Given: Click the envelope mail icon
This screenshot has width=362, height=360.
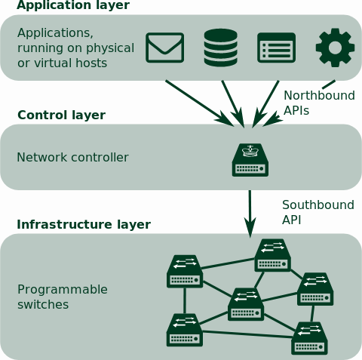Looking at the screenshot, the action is click(x=165, y=48).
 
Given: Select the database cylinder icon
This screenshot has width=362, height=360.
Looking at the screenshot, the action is click(x=221, y=48).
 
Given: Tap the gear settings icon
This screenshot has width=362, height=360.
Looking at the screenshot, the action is click(x=335, y=48).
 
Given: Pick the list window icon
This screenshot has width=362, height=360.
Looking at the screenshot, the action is click(x=276, y=48).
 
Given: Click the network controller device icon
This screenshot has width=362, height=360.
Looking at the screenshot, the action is click(x=250, y=160).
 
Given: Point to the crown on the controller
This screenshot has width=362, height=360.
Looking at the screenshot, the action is click(x=250, y=151).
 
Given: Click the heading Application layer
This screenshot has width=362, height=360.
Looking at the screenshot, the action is click(x=73, y=5).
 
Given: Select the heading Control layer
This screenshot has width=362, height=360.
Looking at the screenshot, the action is click(x=61, y=115).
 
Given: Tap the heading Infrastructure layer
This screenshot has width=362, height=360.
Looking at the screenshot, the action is click(x=84, y=225).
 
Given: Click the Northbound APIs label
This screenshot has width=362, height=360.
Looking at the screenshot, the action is click(x=319, y=103).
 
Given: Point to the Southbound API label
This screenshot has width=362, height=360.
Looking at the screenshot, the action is click(x=318, y=212).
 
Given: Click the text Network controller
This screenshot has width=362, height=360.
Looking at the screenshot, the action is click(x=72, y=158).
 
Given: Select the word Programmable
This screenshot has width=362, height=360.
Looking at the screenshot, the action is click(x=63, y=290).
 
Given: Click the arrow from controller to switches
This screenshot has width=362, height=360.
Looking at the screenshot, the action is click(x=250, y=214).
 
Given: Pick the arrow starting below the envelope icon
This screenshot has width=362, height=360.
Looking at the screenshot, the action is click(x=200, y=103).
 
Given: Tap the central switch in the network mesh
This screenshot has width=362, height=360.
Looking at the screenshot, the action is click(x=246, y=304).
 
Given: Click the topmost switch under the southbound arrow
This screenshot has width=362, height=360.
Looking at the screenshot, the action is click(x=273, y=255).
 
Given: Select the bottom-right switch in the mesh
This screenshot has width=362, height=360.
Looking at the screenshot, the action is click(x=309, y=338).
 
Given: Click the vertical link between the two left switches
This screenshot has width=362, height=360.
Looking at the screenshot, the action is click(x=185, y=300).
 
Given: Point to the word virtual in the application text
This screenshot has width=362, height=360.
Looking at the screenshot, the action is click(x=52, y=63).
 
